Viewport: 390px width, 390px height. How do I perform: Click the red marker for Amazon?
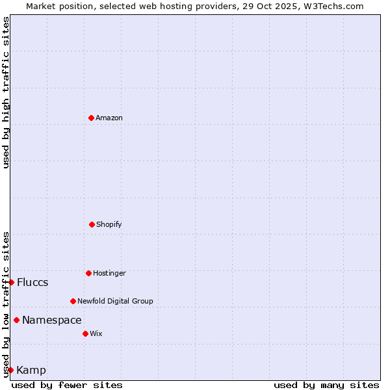tap(91, 118)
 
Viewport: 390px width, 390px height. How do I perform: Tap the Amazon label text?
tap(109, 118)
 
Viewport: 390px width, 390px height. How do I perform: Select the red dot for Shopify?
tap(92, 224)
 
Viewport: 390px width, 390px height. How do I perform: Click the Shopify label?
tap(109, 224)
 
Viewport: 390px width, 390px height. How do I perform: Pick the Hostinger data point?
tap(88, 273)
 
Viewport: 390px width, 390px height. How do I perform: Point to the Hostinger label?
tap(109, 273)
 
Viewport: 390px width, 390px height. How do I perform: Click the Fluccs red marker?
tap(11, 282)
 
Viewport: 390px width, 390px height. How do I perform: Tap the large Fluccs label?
tap(32, 282)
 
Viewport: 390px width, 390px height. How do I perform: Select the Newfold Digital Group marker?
tap(73, 301)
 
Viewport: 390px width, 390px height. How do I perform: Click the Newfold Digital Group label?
tap(115, 301)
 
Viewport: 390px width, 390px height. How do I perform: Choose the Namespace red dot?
tap(16, 320)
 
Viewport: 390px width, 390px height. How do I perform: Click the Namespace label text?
tap(52, 320)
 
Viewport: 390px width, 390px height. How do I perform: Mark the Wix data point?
tap(85, 333)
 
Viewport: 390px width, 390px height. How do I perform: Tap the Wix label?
tap(96, 333)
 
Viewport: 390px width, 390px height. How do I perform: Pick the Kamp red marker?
tap(10, 370)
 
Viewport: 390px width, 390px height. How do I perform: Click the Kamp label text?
tap(31, 370)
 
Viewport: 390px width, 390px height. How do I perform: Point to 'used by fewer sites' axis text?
tap(67, 385)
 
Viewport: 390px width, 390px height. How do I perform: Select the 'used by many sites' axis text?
tap(326, 385)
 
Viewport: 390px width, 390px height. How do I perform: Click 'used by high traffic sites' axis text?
tap(6, 92)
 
